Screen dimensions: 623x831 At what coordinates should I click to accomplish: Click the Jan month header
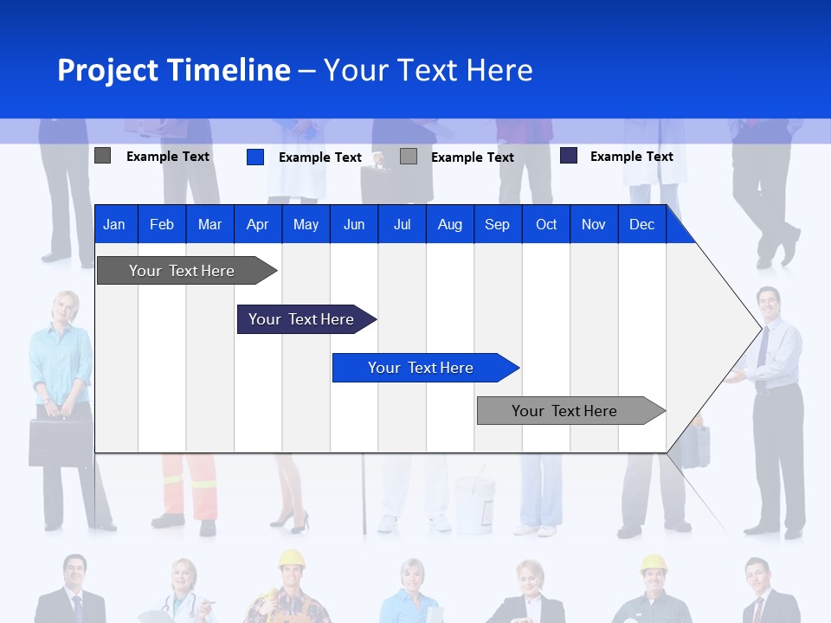pos(114,224)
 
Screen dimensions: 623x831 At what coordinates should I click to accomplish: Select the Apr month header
pos(257,224)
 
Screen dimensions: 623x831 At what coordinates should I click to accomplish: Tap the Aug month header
pos(449,224)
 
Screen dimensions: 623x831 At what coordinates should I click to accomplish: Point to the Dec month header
pos(641,224)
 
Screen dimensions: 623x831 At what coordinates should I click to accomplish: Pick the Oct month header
pos(546,224)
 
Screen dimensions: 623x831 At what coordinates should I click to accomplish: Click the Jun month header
pos(354,224)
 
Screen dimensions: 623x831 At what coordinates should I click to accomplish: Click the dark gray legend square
pos(103,156)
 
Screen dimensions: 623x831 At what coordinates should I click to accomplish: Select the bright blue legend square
pos(255,157)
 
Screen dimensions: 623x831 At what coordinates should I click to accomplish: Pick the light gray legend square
pos(409,157)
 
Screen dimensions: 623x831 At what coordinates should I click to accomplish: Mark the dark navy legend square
pos(569,156)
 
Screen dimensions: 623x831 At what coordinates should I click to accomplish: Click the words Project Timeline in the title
pos(174,70)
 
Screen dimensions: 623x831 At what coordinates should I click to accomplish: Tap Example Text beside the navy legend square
pos(631,157)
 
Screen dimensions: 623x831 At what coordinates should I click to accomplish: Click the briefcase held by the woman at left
pos(60,442)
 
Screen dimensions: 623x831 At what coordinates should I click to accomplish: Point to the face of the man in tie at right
pos(767,301)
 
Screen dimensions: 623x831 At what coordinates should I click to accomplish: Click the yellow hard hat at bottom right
pos(653,564)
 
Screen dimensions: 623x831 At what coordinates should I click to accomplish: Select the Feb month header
pos(162,224)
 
